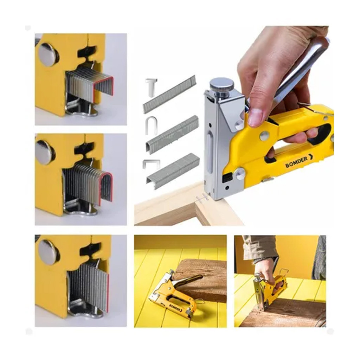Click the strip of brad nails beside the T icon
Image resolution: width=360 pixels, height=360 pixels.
(x=170, y=94)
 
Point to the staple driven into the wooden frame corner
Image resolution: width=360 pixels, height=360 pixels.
(x=202, y=198)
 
